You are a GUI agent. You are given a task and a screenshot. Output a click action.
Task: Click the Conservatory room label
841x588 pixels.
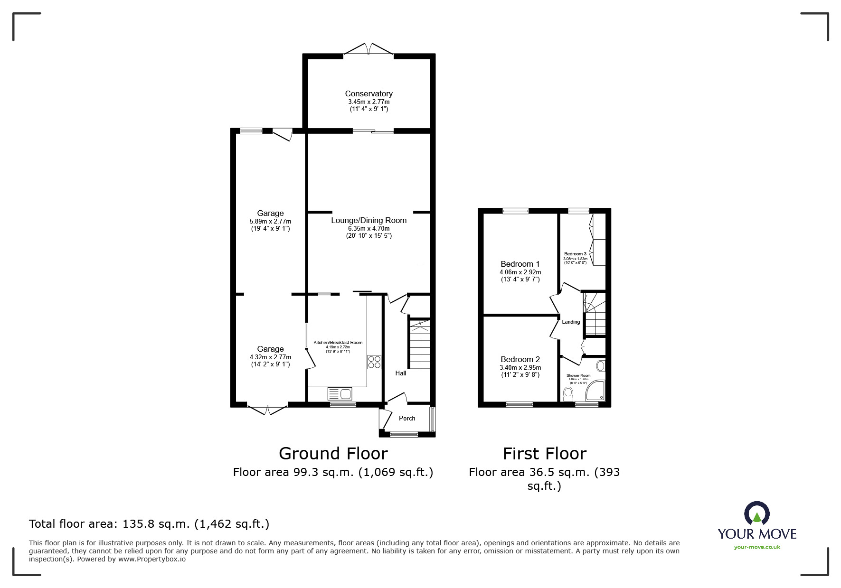pyautogui.click(x=369, y=93)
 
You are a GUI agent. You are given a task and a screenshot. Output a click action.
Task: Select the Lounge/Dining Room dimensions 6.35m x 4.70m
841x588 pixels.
pyautogui.click(x=369, y=228)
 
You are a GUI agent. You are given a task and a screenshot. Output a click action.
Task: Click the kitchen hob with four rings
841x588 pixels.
pyautogui.click(x=374, y=362)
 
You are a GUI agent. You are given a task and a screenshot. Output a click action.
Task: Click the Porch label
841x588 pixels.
pyautogui.click(x=407, y=418)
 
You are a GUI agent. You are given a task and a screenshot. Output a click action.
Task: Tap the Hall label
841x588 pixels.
pyautogui.click(x=401, y=373)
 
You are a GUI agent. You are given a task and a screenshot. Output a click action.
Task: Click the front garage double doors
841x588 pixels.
pyautogui.click(x=267, y=410)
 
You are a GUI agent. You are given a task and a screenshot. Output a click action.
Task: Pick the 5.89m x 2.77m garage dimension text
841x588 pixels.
pyautogui.click(x=270, y=221)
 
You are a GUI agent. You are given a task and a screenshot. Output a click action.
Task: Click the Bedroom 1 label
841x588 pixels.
pyautogui.click(x=520, y=264)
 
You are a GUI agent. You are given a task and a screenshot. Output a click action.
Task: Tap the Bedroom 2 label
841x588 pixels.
pyautogui.click(x=520, y=359)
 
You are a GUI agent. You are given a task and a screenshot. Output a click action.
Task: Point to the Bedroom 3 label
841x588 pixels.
pyautogui.click(x=575, y=254)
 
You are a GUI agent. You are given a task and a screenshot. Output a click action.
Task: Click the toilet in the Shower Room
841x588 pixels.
pyautogui.click(x=567, y=393)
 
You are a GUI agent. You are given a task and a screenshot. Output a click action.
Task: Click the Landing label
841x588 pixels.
pyautogui.click(x=571, y=322)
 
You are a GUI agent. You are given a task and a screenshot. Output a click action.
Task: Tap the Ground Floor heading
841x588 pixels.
pyautogui.click(x=333, y=453)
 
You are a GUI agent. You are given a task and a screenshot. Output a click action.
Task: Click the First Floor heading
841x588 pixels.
pyautogui.click(x=544, y=453)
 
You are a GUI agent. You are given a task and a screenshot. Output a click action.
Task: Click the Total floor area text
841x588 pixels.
pyautogui.click(x=149, y=524)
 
